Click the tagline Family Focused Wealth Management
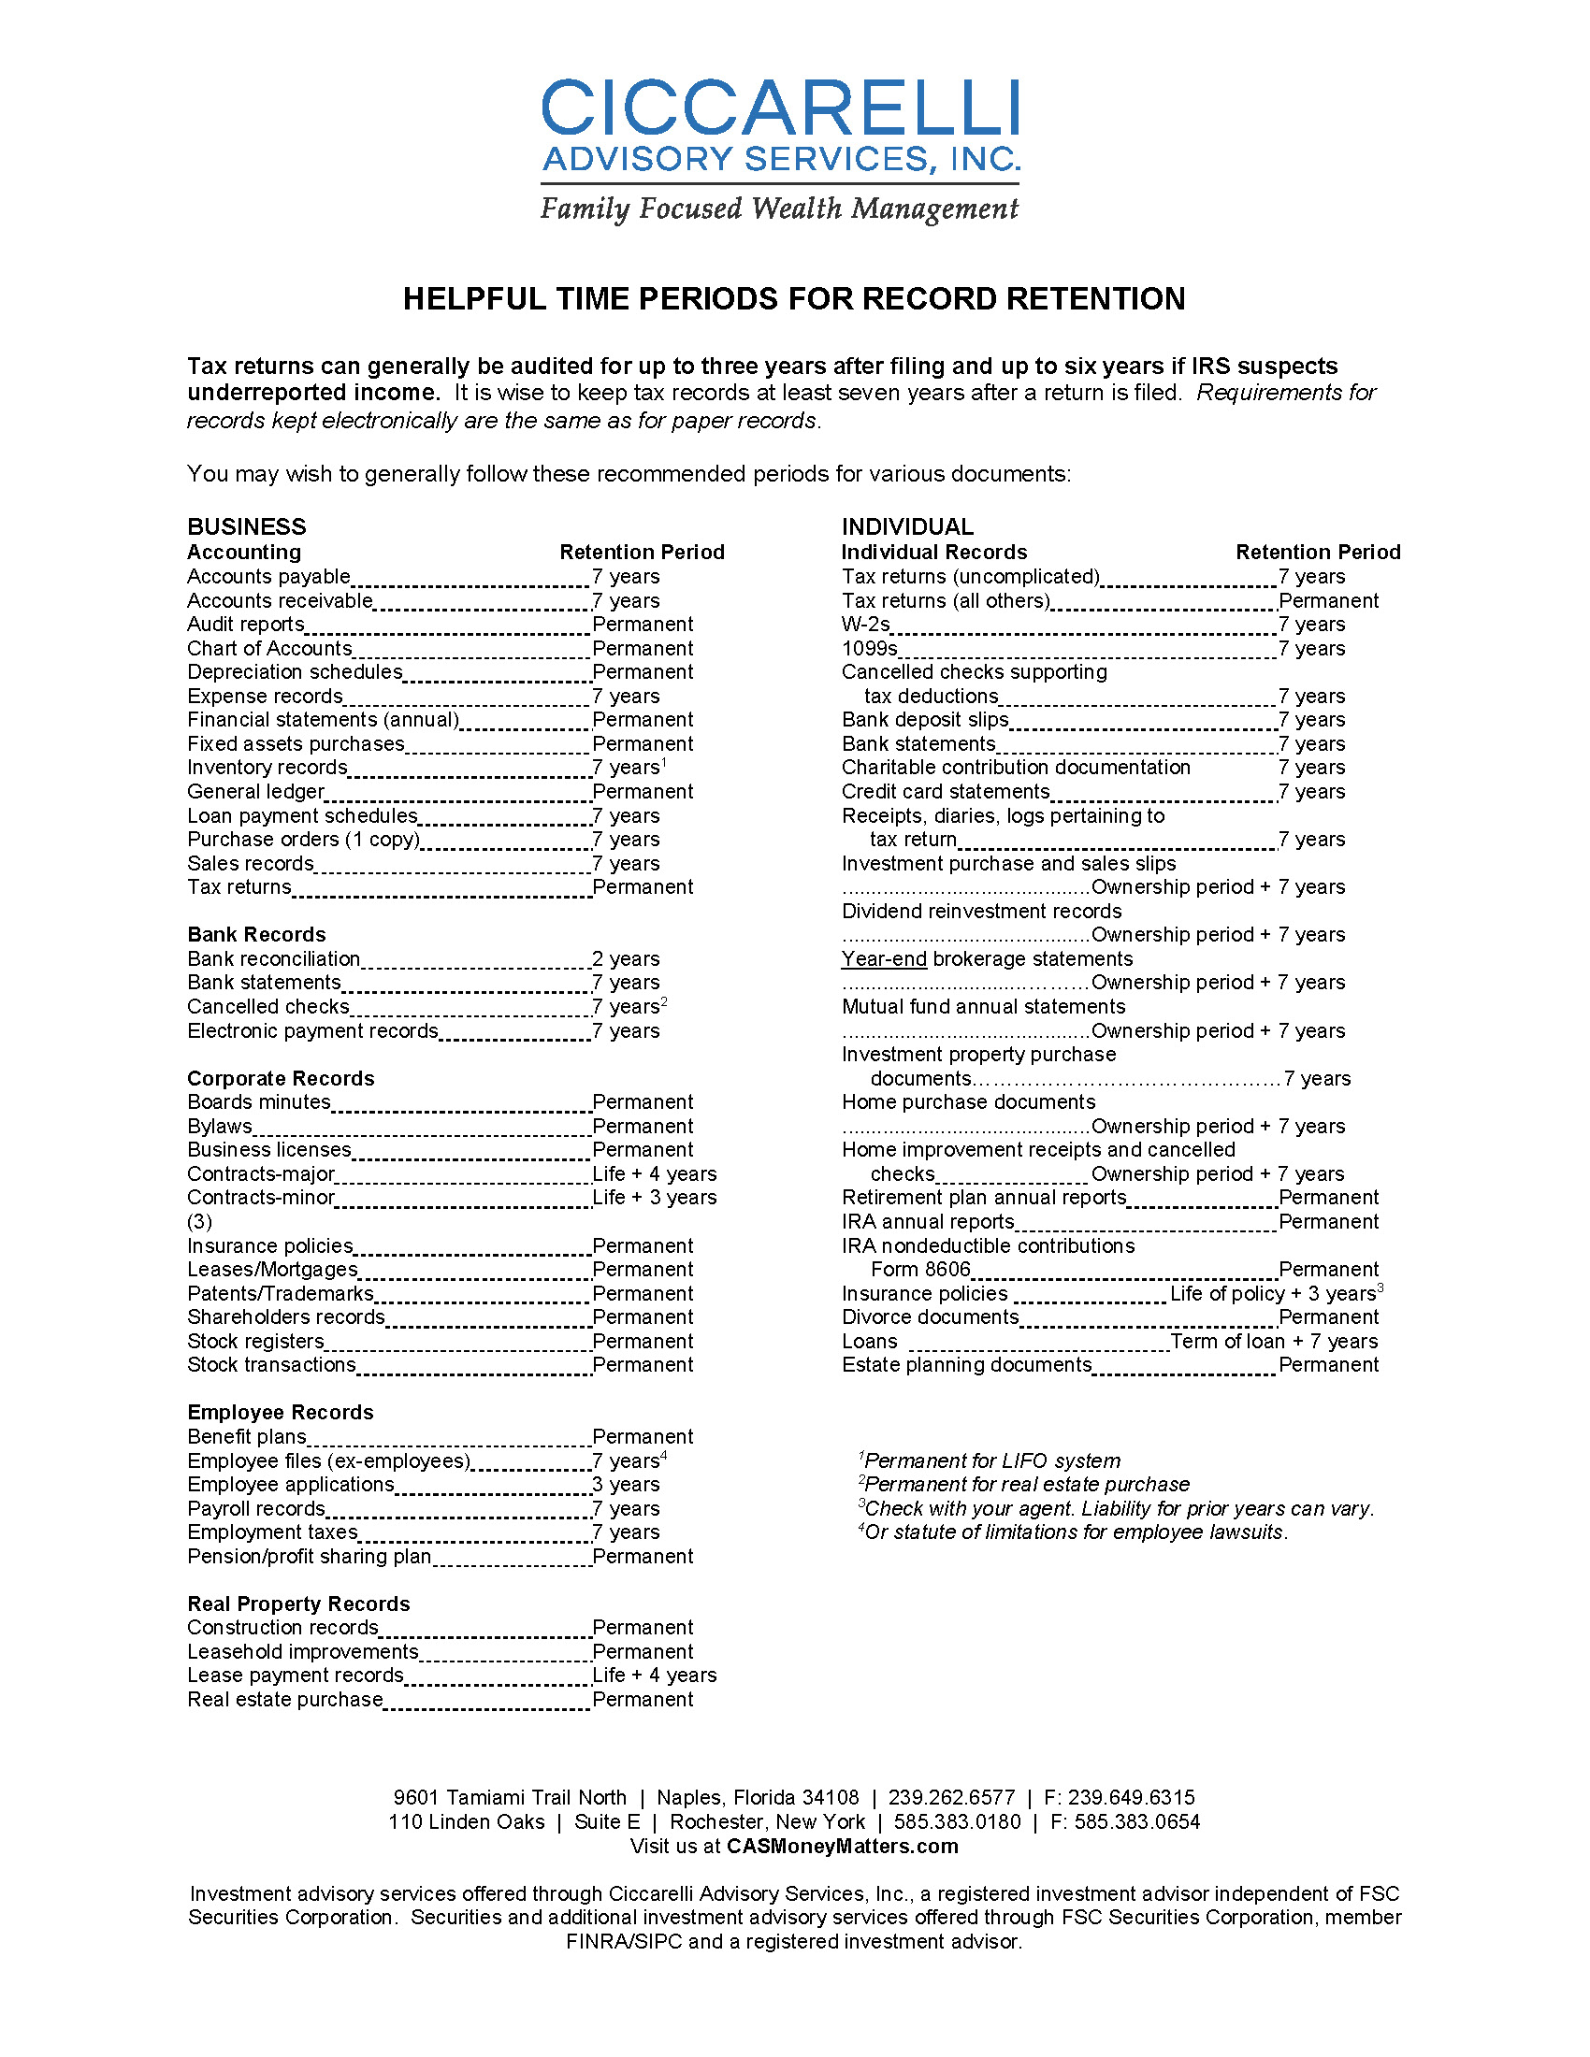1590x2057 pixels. [x=779, y=209]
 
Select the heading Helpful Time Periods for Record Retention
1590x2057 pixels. [x=794, y=298]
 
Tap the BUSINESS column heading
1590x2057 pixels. [x=247, y=526]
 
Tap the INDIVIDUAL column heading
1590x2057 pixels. [x=907, y=526]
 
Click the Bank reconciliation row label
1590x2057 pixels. [x=273, y=958]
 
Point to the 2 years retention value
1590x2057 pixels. [x=626, y=958]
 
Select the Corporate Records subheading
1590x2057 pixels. [x=281, y=1078]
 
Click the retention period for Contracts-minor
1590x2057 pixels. [x=655, y=1197]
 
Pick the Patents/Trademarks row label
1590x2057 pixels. [x=280, y=1293]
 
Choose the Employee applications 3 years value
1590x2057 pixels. [x=626, y=1485]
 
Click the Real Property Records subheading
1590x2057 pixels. [x=298, y=1604]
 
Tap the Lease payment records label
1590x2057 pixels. [x=295, y=1676]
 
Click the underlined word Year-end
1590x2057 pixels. [x=884, y=958]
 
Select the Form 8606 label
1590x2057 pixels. [x=919, y=1270]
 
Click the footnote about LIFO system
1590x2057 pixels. [x=990, y=1460]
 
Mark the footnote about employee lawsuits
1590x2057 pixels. [x=1073, y=1532]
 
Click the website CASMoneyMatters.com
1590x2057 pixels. [x=842, y=1846]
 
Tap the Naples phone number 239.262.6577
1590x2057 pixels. [x=951, y=1798]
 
